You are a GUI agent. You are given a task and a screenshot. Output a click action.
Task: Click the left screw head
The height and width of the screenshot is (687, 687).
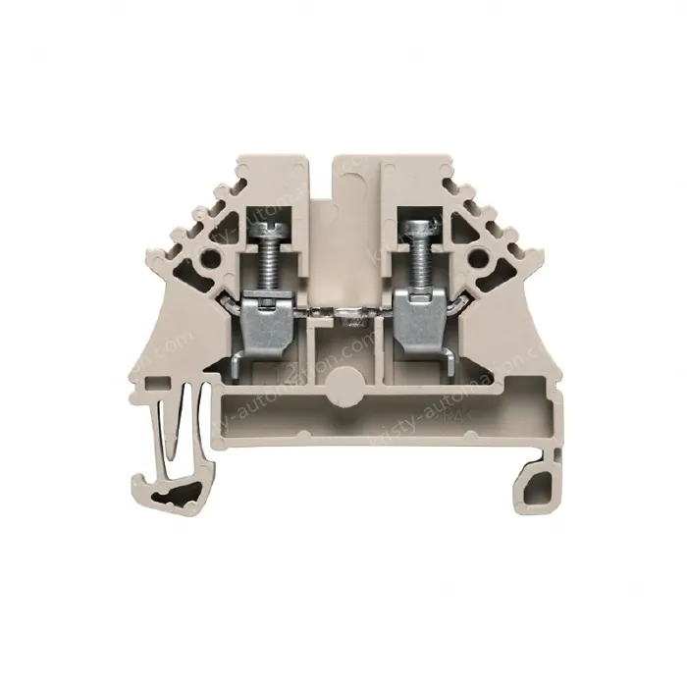(269, 232)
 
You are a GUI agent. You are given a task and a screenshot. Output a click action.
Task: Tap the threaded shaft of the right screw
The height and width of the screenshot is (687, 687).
(418, 262)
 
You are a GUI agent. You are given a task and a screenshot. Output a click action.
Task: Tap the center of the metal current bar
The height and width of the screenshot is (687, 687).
(343, 316)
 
